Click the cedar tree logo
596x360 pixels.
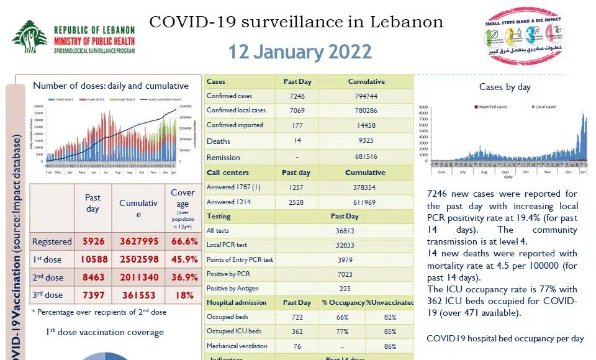click(x=29, y=37)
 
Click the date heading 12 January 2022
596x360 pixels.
click(x=300, y=52)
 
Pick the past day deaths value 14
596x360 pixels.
click(x=297, y=141)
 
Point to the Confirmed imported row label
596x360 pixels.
click(x=235, y=125)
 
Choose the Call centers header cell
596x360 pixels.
click(x=228, y=173)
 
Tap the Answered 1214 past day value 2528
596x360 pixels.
click(x=297, y=202)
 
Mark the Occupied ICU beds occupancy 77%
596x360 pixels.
click(x=341, y=331)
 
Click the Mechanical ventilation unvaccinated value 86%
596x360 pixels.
click(x=390, y=346)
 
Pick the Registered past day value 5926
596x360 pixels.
click(x=93, y=241)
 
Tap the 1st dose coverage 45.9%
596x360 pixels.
click(x=183, y=259)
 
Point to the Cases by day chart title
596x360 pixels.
click(x=505, y=88)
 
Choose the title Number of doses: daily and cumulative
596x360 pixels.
click(x=111, y=86)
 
